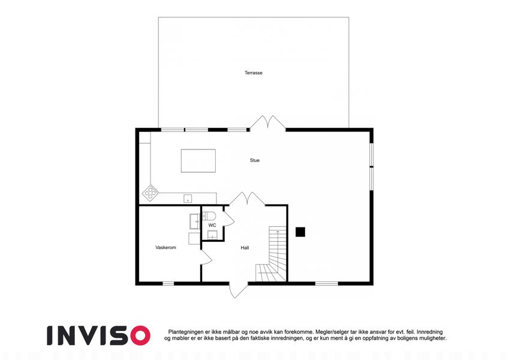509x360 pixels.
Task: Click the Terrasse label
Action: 253,73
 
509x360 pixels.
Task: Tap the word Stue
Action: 254,160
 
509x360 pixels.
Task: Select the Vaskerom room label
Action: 165,248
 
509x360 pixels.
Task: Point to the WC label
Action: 212,225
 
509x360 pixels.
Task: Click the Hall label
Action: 245,248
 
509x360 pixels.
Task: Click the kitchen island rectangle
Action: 198,161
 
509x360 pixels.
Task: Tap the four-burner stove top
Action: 150,193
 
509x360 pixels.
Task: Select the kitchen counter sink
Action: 188,198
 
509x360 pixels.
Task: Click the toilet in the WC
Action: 209,215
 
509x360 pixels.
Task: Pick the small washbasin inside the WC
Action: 212,234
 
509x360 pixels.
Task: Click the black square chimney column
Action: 300,232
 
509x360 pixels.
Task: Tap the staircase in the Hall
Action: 272,254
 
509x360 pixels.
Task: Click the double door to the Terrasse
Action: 268,123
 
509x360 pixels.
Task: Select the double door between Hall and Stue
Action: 248,199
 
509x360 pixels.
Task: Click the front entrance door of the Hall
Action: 238,290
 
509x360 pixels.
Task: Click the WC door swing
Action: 228,218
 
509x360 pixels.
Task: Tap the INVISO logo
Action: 99,335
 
